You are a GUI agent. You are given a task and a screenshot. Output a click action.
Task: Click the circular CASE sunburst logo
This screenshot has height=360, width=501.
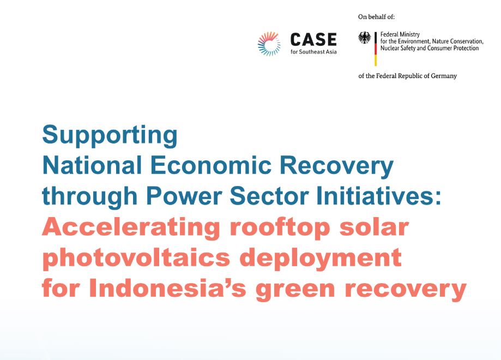[269, 44]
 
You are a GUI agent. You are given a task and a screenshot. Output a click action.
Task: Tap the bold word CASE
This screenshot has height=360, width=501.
[313, 40]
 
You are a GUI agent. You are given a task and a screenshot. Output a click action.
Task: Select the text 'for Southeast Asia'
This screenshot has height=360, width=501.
[313, 52]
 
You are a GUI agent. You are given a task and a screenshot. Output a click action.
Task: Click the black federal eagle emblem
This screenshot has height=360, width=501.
[365, 38]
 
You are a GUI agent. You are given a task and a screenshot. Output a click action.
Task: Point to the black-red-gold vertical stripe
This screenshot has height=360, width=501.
[376, 49]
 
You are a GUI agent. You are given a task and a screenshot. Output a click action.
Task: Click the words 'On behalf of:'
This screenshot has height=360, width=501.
[376, 17]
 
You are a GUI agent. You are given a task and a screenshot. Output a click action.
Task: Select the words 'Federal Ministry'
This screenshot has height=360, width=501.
[400, 34]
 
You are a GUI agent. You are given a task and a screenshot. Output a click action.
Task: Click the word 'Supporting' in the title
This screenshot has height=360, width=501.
[110, 136]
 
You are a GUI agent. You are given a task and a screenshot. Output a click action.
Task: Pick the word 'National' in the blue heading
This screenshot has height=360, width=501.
[92, 165]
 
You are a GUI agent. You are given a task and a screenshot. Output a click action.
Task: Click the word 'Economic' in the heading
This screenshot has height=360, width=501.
[211, 165]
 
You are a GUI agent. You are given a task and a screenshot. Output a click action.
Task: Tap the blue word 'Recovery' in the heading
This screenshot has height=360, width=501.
[336, 166]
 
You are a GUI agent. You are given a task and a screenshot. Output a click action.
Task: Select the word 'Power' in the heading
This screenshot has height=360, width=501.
[184, 195]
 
